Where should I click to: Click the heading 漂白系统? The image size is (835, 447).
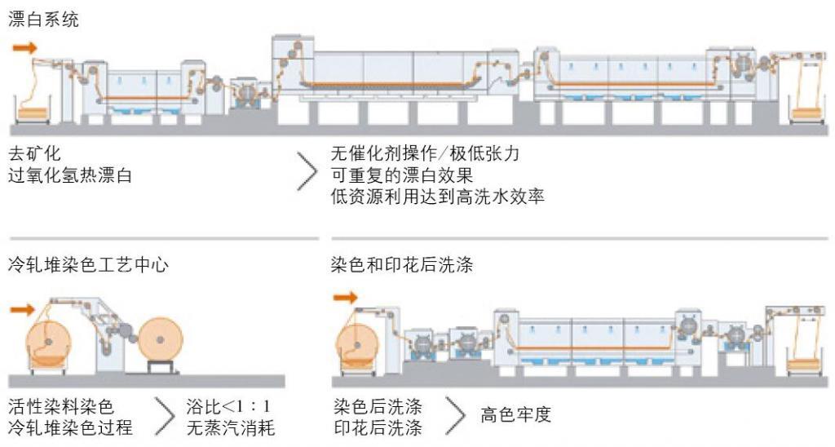pyautogui.click(x=44, y=20)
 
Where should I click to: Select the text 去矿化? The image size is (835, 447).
pyautogui.click(x=34, y=154)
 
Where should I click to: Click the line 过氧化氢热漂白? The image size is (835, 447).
pyautogui.click(x=70, y=175)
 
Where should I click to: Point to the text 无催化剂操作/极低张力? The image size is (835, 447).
pyautogui.click(x=425, y=154)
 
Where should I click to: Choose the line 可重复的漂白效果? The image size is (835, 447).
pyautogui.click(x=402, y=175)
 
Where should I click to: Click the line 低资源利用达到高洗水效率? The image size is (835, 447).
pyautogui.click(x=437, y=196)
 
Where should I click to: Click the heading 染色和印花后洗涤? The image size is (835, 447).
pyautogui.click(x=402, y=266)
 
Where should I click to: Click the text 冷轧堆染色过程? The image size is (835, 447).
pyautogui.click(x=70, y=427)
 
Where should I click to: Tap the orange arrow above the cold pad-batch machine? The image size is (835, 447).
pyautogui.click(x=23, y=309)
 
